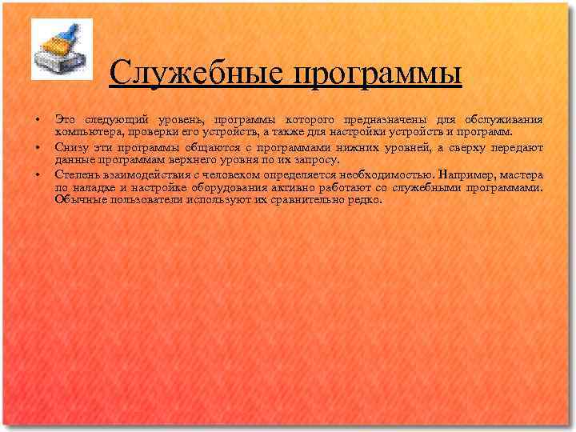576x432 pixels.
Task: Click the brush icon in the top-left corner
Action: pos(62,49)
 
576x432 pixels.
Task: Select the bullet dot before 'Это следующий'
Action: pos(37,121)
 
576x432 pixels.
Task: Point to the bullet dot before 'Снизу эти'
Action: pos(37,148)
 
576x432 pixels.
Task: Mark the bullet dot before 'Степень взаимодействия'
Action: pos(37,174)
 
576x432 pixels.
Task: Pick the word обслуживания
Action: pos(503,120)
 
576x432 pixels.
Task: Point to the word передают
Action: pos(515,147)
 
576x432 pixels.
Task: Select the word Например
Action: pos(467,174)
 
